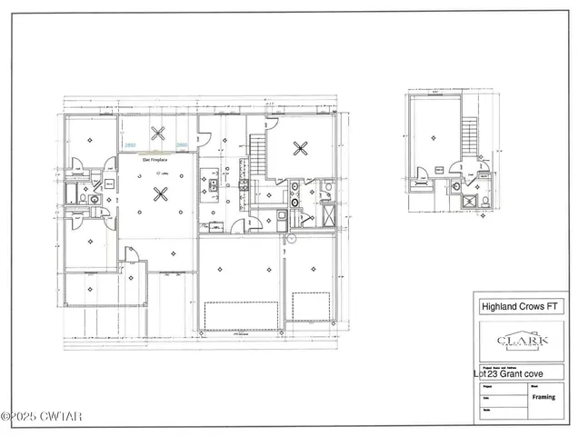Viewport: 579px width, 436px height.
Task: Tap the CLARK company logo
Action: click(522, 342)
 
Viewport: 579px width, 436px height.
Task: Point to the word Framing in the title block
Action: click(544, 397)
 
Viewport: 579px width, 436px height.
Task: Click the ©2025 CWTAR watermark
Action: click(42, 417)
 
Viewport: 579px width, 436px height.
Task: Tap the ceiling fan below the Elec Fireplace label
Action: click(161, 193)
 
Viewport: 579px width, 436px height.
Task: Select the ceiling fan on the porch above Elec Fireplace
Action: click(158, 134)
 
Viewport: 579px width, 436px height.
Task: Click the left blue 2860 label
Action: click(130, 144)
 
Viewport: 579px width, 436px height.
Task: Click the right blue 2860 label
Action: click(182, 144)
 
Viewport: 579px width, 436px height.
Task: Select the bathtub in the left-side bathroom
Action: click(70, 195)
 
